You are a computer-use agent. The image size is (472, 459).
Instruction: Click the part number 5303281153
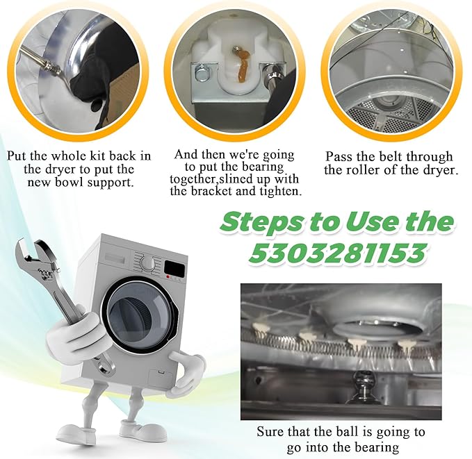pyautogui.click(x=337, y=252)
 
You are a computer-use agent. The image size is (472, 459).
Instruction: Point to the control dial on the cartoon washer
pyautogui.click(x=148, y=264)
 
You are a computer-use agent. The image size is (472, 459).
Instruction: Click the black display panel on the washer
pyautogui.click(x=174, y=269)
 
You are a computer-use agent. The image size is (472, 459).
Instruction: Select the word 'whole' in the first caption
pyautogui.click(x=67, y=156)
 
